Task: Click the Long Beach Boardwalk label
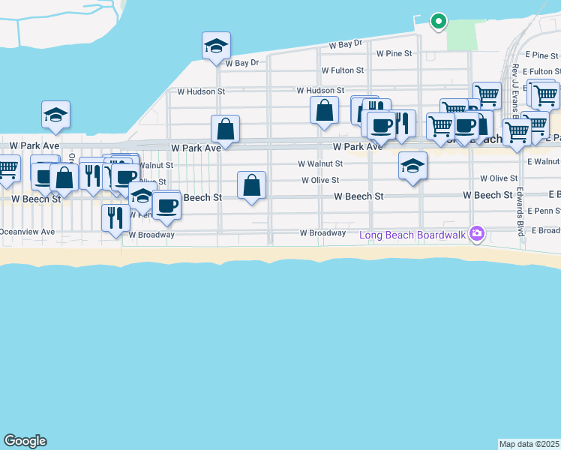click(413, 235)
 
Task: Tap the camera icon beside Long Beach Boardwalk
click(476, 235)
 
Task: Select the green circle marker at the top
click(438, 21)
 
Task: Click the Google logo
click(25, 441)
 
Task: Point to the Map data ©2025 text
click(529, 444)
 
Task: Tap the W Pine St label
click(394, 54)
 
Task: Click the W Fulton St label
click(342, 70)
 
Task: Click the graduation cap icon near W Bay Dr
click(216, 46)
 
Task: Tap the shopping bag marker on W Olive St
click(252, 185)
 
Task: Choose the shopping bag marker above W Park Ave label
click(225, 129)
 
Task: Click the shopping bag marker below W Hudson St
click(324, 110)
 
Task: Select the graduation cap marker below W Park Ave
click(412, 166)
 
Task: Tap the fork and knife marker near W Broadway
click(115, 218)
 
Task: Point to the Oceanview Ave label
click(27, 232)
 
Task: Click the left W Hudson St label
click(201, 91)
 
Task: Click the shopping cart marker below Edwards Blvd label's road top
click(517, 132)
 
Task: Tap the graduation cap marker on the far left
click(55, 115)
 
